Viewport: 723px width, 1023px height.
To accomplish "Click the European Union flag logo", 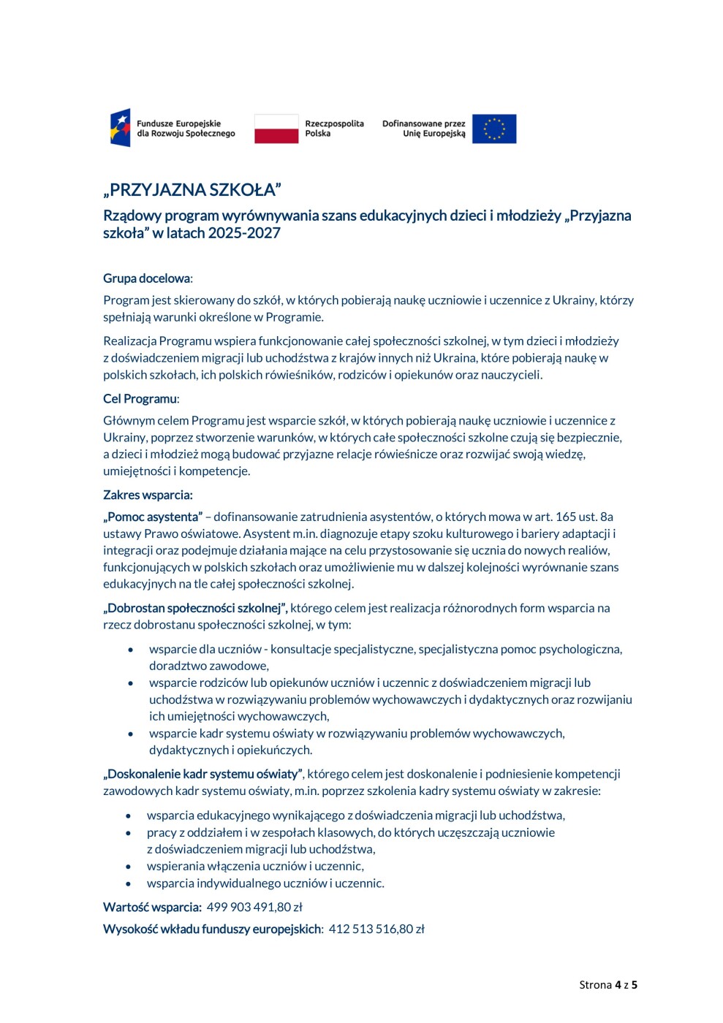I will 494,129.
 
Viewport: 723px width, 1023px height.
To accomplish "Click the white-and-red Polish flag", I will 276,129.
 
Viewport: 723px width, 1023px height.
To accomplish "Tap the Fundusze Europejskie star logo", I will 121,129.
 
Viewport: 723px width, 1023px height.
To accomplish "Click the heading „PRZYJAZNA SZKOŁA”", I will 192,190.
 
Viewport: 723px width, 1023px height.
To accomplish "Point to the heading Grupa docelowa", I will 147,278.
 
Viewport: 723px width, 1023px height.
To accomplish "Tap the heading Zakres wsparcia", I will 148,495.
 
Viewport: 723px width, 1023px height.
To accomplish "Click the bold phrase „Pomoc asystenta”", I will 153,517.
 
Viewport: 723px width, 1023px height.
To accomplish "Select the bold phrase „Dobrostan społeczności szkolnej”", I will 194,608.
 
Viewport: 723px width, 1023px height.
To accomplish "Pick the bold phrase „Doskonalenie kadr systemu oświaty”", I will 202,774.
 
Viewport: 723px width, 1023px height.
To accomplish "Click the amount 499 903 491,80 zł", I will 254,908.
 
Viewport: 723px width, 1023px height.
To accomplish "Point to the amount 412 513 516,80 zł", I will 376,929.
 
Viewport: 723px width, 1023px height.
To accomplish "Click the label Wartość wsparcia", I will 152,908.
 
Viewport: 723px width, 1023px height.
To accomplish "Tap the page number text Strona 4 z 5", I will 607,985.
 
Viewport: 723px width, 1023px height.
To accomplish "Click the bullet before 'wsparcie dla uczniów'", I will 131,650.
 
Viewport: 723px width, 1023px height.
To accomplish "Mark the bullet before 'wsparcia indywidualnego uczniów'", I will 129,884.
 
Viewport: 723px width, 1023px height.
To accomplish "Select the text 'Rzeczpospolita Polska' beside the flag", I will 334,129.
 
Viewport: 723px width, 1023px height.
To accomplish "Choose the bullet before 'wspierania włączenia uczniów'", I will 129,867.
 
